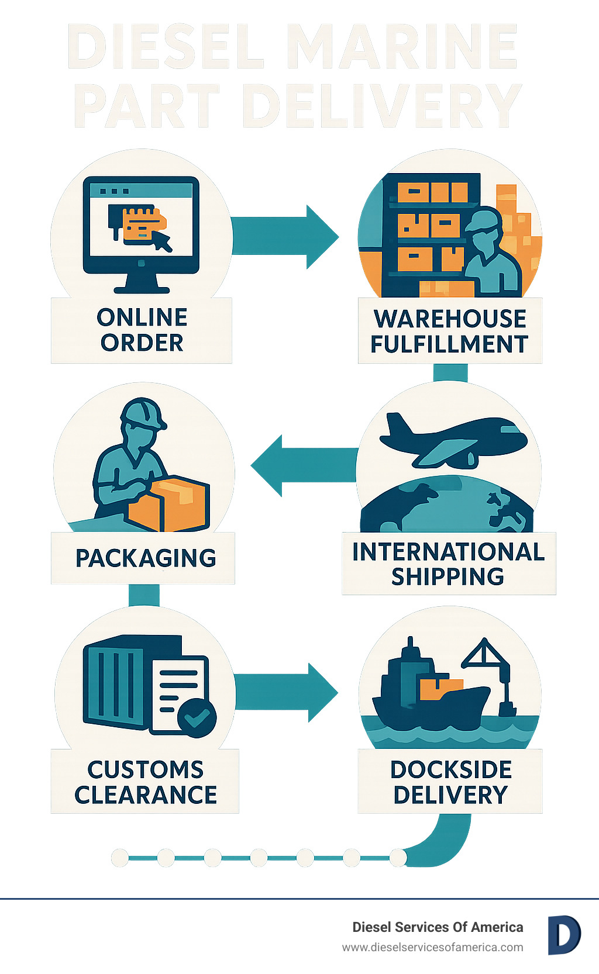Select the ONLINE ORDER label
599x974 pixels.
pyautogui.click(x=142, y=330)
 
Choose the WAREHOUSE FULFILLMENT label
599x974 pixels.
pyautogui.click(x=449, y=331)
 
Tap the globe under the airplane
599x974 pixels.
pyautogui.click(x=447, y=506)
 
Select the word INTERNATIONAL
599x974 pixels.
pyautogui.click(x=448, y=552)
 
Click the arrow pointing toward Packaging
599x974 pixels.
pyautogui.click(x=301, y=466)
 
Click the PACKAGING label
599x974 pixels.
pyautogui.click(x=146, y=558)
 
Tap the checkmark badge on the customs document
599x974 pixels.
pyautogui.click(x=197, y=717)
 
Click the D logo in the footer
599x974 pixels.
pyautogui.click(x=563, y=935)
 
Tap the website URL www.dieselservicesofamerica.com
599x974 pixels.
pyautogui.click(x=432, y=947)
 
